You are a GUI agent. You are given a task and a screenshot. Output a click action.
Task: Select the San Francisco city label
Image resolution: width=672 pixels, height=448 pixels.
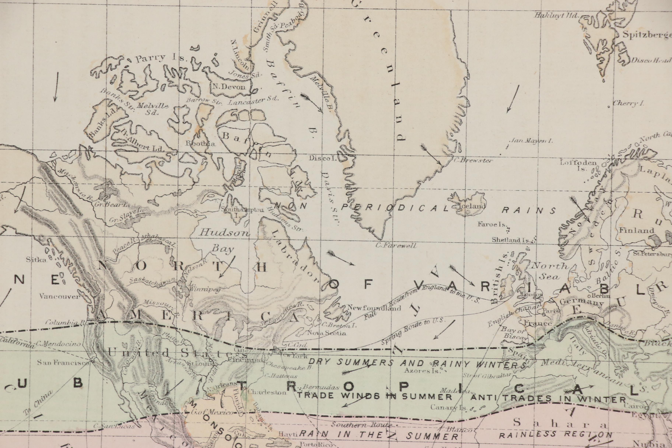(63, 363)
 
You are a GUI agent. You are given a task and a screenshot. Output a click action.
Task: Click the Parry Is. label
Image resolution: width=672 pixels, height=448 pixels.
(161, 58)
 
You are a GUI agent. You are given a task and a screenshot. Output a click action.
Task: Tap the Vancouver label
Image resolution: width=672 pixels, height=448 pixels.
(59, 296)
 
